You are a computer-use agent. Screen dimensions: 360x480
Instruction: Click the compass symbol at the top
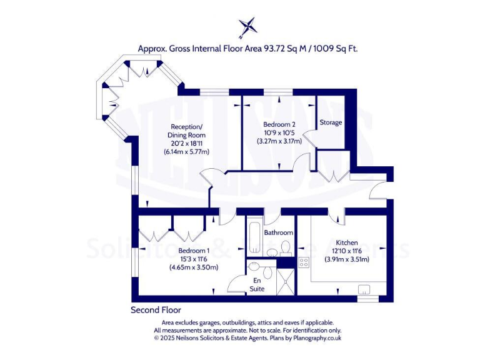point(248,27)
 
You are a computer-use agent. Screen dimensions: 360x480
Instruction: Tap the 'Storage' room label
point(331,122)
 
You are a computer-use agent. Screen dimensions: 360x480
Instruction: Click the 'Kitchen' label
point(346,242)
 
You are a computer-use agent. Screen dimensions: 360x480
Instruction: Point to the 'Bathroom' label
point(278,232)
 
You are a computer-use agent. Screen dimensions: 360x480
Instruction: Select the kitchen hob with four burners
point(304,262)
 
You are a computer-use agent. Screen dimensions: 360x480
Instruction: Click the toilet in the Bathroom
point(285,249)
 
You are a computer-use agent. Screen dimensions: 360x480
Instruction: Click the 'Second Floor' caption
point(156,310)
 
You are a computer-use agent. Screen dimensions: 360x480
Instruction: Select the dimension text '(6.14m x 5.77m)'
point(186,152)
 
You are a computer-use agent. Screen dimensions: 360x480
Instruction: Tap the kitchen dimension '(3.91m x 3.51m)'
point(346,259)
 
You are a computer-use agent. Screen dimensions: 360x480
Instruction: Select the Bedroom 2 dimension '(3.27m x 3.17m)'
point(279,141)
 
